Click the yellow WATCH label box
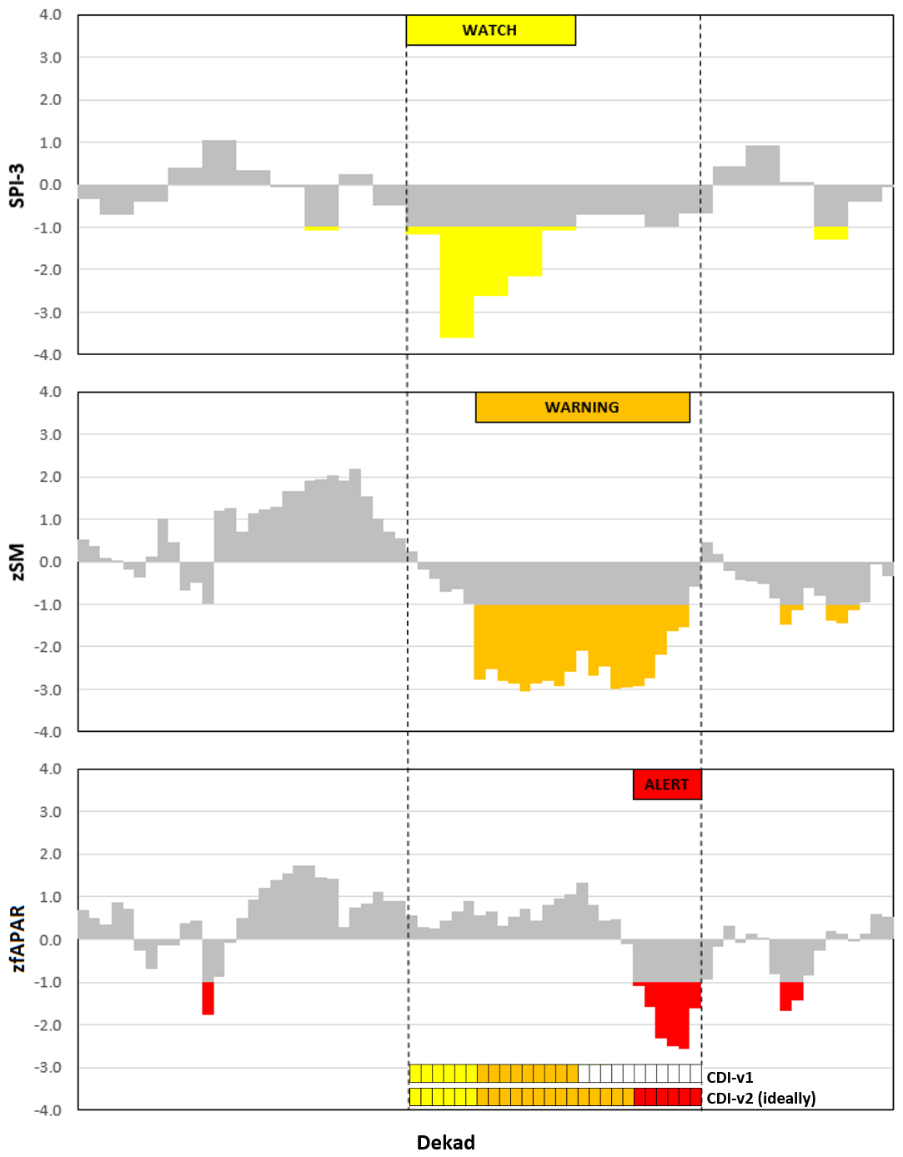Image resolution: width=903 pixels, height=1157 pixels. tap(490, 30)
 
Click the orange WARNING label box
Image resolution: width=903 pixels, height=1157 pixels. tap(582, 407)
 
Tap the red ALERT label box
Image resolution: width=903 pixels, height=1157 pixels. tap(666, 784)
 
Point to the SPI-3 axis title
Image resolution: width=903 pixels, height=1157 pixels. tap(17, 185)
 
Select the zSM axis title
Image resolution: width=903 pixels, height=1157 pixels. tap(17, 562)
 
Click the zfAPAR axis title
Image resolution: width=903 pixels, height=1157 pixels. tap(17, 939)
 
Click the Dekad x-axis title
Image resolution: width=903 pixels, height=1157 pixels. tap(445, 1142)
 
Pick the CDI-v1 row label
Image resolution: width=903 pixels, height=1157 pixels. tap(730, 1077)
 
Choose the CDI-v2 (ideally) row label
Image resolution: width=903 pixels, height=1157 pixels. tap(760, 1098)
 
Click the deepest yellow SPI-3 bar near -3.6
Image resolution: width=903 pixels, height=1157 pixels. tap(457, 283)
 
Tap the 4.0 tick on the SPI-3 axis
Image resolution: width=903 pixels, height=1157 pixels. tap(50, 15)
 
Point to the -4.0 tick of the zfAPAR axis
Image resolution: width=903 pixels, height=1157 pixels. tap(48, 1110)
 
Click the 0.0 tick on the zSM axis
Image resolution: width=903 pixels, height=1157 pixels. tap(50, 562)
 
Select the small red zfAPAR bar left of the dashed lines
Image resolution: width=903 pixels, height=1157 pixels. tap(208, 998)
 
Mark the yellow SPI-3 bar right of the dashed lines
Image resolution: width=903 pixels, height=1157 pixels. tap(830, 233)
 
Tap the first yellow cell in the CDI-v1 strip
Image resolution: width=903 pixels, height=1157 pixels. tap(415, 1074)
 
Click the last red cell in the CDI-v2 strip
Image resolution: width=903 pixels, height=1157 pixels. tap(695, 1097)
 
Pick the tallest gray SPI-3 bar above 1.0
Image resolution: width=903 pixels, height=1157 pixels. tap(219, 163)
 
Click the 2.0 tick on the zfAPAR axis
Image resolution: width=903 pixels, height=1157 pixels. tap(50, 854)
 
